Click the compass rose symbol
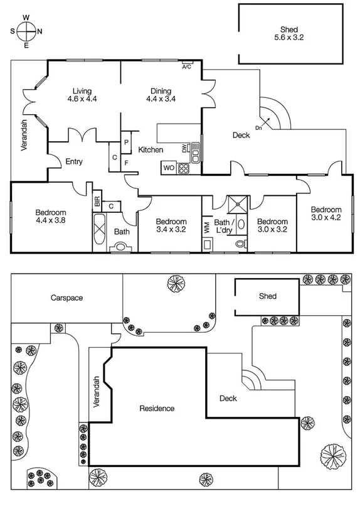26,31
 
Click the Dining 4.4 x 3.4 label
161,94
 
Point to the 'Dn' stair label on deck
258,127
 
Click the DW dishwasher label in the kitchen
184,148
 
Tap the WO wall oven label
168,168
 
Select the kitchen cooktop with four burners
184,168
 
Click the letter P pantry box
126,142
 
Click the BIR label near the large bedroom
97,201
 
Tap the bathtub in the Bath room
100,233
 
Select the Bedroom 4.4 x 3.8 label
51,217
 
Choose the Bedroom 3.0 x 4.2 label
326,213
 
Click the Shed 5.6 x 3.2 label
289,33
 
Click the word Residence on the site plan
157,408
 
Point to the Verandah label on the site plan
97,392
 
